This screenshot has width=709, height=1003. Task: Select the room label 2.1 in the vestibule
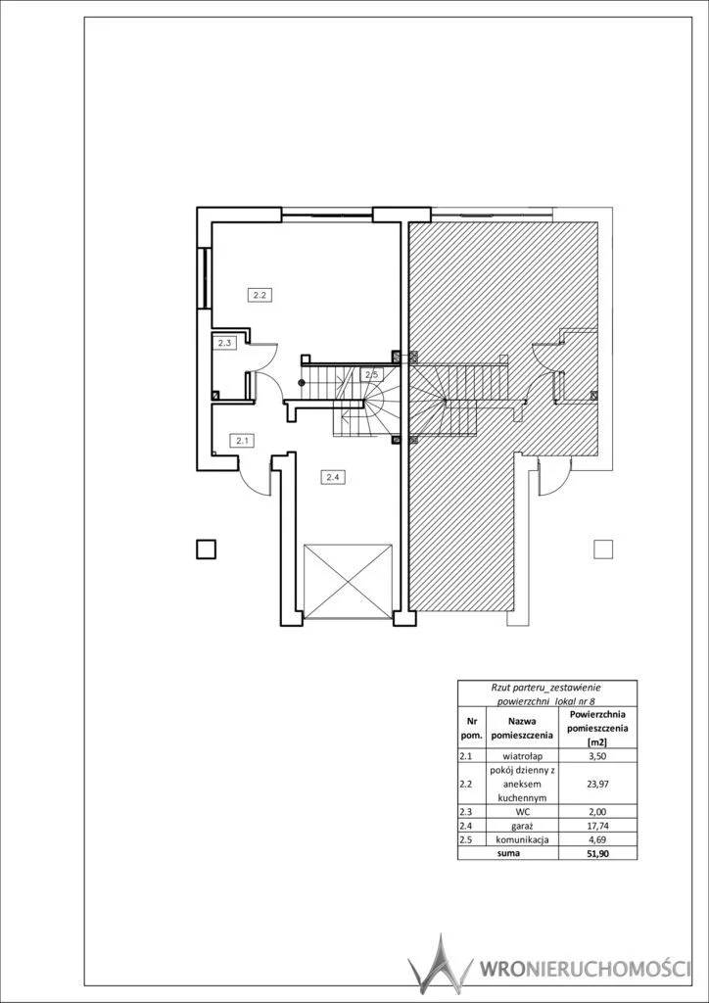(x=242, y=440)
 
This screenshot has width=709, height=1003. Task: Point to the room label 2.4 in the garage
(x=332, y=477)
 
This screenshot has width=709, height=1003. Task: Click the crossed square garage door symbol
(x=348, y=581)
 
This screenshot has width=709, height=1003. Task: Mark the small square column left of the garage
(x=206, y=549)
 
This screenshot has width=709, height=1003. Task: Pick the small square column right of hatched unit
(x=603, y=549)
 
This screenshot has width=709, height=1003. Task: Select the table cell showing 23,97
(x=597, y=781)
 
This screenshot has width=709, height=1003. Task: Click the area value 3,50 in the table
(x=597, y=755)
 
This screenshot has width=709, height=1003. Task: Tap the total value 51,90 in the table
(x=597, y=853)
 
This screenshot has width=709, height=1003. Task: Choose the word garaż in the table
(x=522, y=826)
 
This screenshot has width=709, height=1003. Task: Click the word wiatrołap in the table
(x=522, y=755)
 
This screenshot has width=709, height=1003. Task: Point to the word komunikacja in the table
(x=522, y=839)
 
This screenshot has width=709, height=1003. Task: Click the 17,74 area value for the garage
(x=597, y=826)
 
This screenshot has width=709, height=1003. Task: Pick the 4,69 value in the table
(x=597, y=839)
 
